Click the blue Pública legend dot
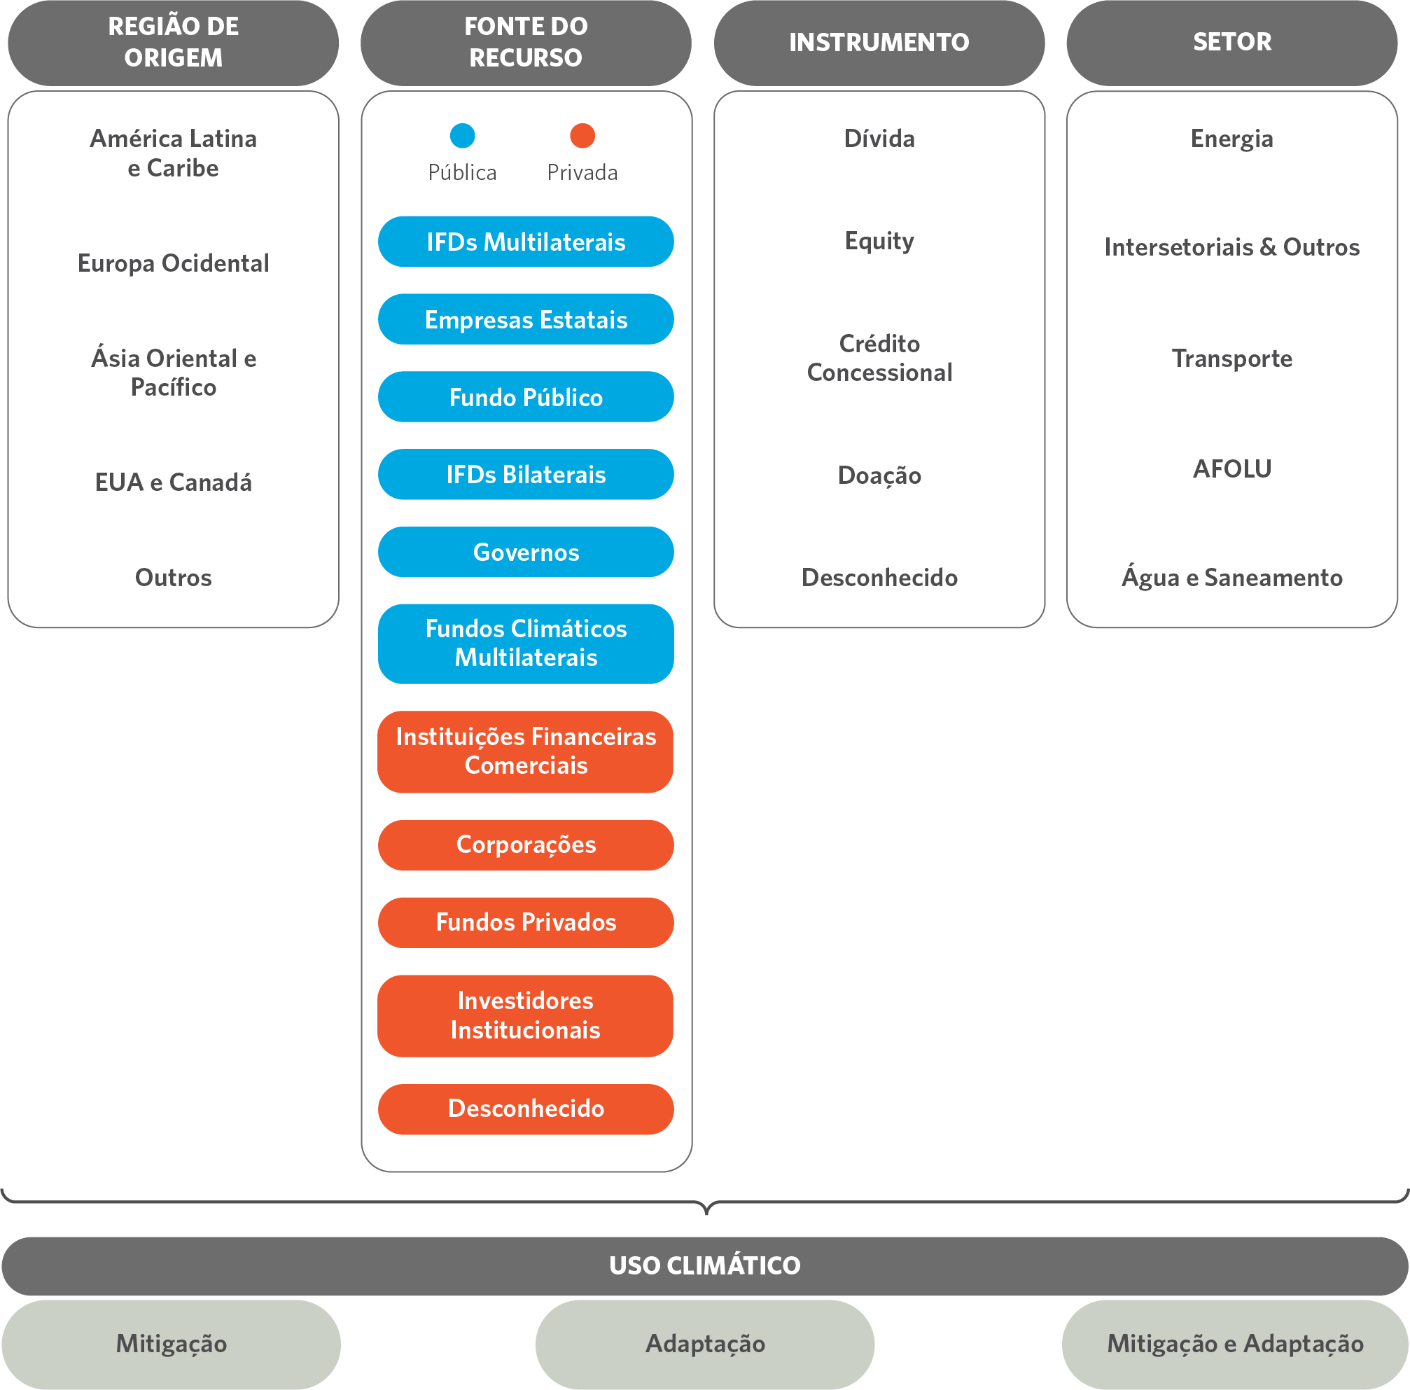pyautogui.click(x=463, y=135)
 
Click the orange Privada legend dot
pyautogui.click(x=582, y=135)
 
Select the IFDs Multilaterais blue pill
pyautogui.click(x=526, y=242)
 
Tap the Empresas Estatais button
pyautogui.click(x=526, y=319)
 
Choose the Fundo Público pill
pyautogui.click(x=526, y=397)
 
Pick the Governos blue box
pyautogui.click(x=526, y=552)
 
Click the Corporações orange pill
pyautogui.click(x=526, y=845)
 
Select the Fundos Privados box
pyautogui.click(x=526, y=923)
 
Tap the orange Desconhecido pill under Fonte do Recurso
pyautogui.click(x=526, y=1109)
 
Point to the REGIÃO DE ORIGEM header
pyautogui.click(x=173, y=42)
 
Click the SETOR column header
pyautogui.click(x=1232, y=42)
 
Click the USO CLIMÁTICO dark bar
pyautogui.click(x=705, y=1266)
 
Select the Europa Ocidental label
pyautogui.click(x=173, y=263)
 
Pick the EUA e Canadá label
pyautogui.click(x=173, y=482)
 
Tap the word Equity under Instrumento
pyautogui.click(x=879, y=242)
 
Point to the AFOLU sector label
pyautogui.click(x=1232, y=468)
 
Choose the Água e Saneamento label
pyautogui.click(x=1232, y=577)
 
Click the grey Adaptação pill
pyautogui.click(x=705, y=1344)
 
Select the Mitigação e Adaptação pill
pyautogui.click(x=1235, y=1344)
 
